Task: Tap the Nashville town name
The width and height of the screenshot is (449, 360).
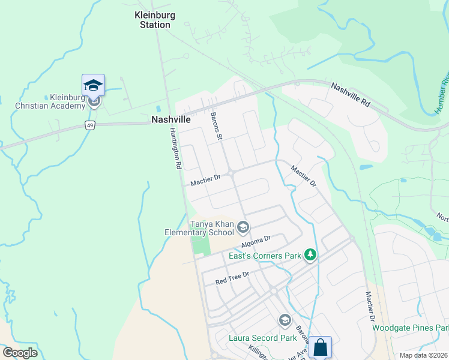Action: coord(171,119)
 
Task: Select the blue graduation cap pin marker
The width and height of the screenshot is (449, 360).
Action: coord(93,85)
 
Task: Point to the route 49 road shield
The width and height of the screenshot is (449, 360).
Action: coord(89,125)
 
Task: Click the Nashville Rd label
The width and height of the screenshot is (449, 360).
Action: coord(351,95)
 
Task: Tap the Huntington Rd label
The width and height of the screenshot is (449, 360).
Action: coord(175,150)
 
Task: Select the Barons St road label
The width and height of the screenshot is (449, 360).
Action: coord(217,126)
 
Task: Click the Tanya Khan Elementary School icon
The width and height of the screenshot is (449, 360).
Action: coord(243,226)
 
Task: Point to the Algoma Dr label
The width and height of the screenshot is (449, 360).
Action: coord(256,241)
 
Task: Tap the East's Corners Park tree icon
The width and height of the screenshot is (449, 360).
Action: coord(310,256)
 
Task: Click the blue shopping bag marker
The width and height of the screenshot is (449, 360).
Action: coord(320,347)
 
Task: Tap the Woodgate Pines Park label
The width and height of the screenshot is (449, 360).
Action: coord(410,328)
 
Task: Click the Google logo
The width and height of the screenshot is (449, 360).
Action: coord(20,352)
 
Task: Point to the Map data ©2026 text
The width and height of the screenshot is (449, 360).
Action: coord(423,355)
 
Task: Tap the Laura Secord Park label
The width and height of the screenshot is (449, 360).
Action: coord(262,337)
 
